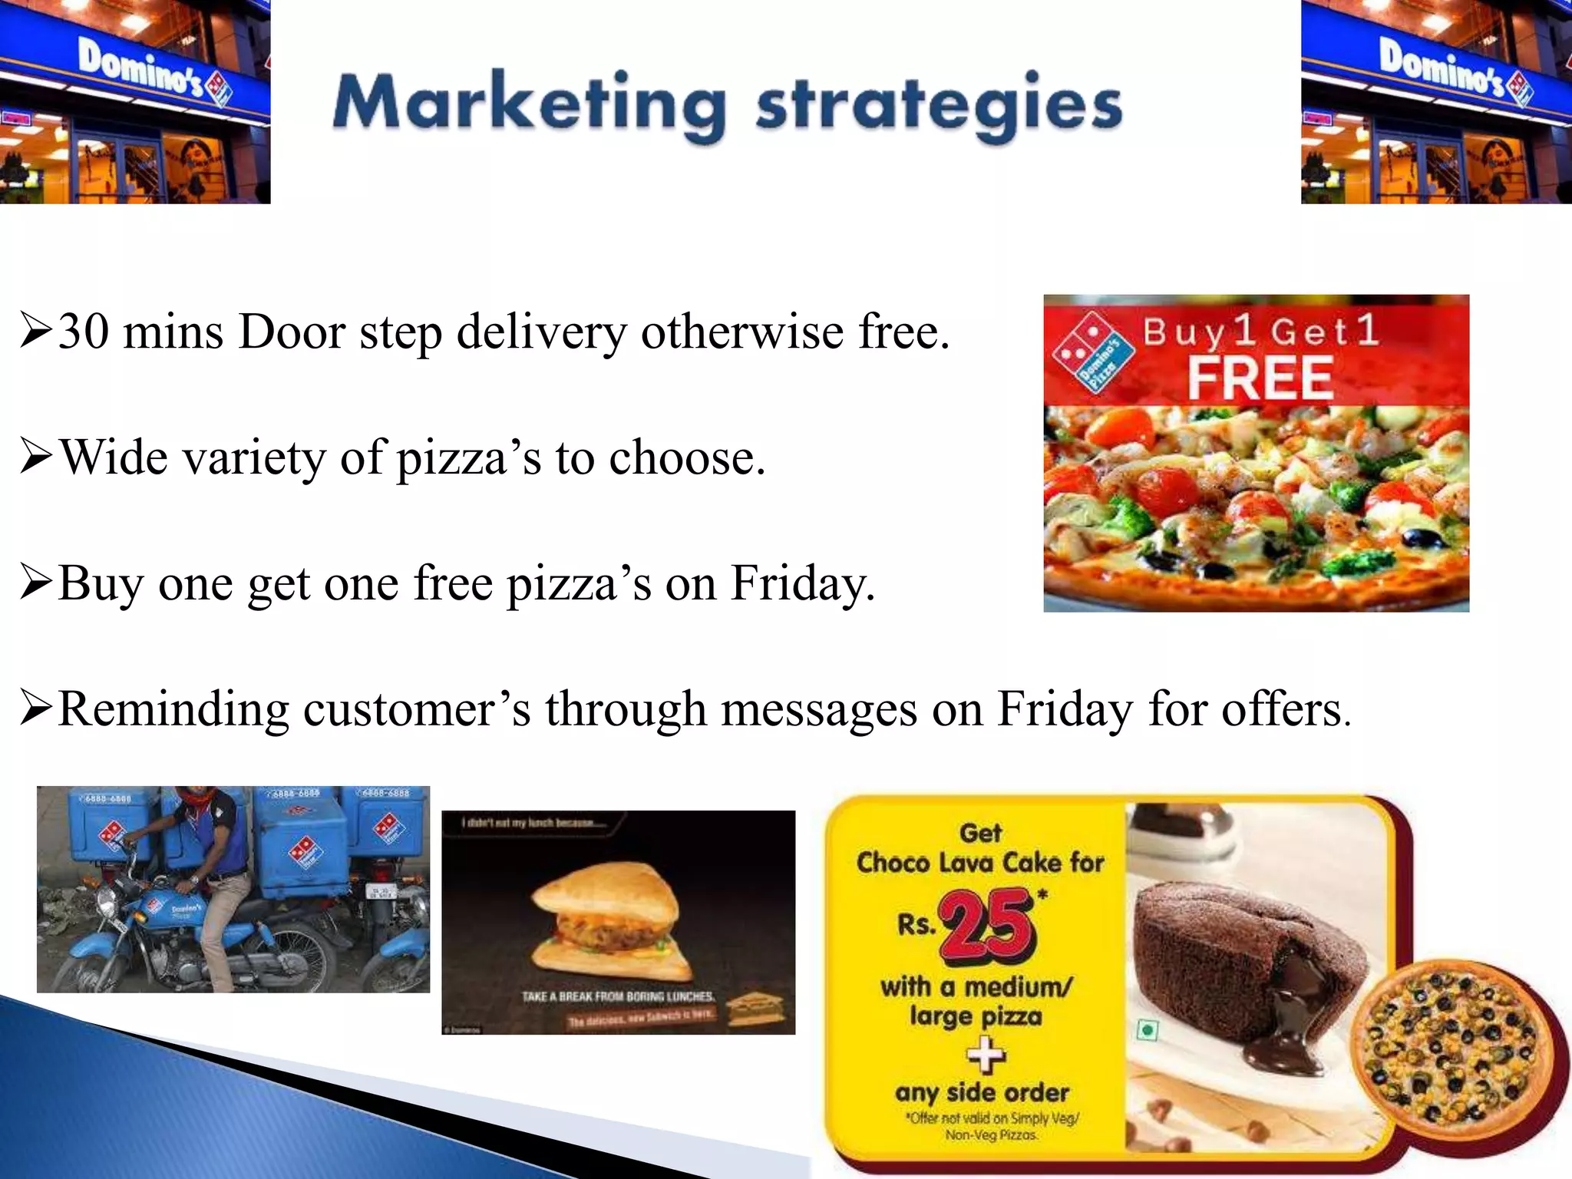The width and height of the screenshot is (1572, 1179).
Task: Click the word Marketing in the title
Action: click(x=529, y=104)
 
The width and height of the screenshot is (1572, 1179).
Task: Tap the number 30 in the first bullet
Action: click(x=83, y=332)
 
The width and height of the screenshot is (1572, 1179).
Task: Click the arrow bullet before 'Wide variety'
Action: click(x=35, y=457)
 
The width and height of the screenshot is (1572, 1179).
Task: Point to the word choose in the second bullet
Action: click(x=686, y=458)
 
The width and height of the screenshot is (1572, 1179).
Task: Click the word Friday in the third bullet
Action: click(x=802, y=583)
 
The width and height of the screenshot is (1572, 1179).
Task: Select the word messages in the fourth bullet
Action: click(x=818, y=708)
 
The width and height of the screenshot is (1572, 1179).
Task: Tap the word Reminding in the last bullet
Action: click(x=173, y=708)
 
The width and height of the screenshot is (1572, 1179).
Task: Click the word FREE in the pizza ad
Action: click(x=1260, y=378)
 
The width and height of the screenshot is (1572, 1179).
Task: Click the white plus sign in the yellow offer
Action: click(x=986, y=1055)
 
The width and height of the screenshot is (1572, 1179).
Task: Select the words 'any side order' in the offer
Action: click(x=982, y=1092)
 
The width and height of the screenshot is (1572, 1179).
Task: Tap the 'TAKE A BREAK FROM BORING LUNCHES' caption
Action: click(x=618, y=996)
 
